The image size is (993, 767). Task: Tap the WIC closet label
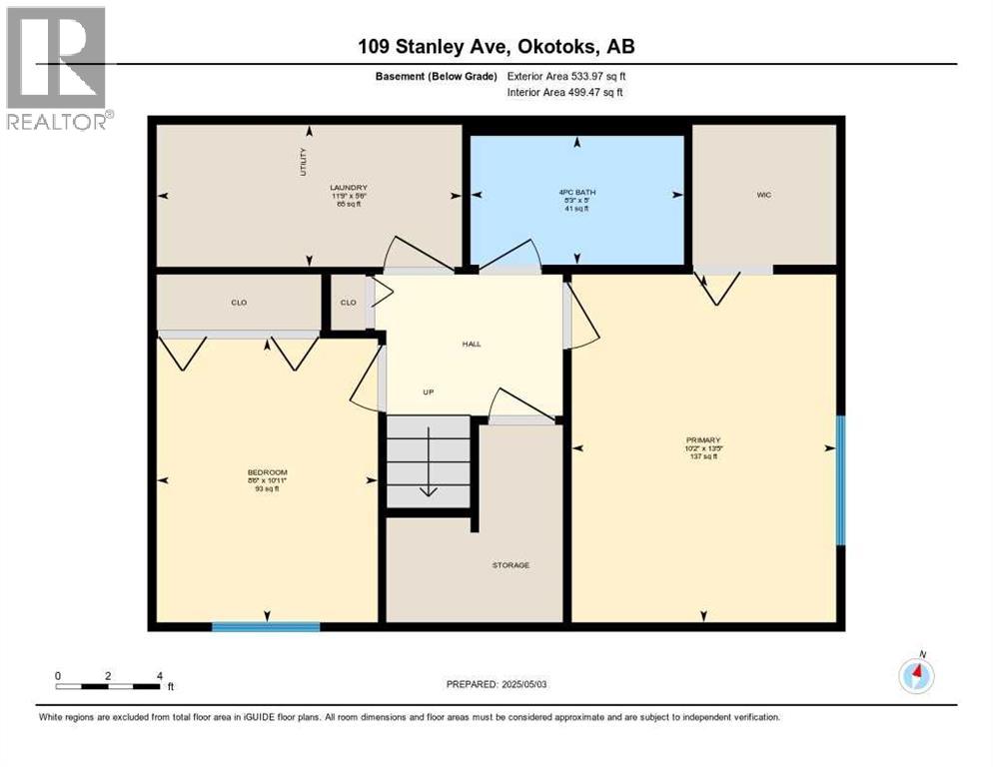[x=764, y=195]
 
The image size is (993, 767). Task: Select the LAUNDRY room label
[x=349, y=188]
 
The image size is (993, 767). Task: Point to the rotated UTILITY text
[x=304, y=162]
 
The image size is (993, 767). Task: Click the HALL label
[x=472, y=344]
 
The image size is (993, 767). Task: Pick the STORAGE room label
[x=509, y=565]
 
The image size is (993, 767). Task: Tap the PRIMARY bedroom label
[x=703, y=440]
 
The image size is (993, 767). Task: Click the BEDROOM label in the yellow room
[x=268, y=472]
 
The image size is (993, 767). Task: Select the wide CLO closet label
[x=239, y=302]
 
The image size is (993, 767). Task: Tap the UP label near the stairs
[x=428, y=391]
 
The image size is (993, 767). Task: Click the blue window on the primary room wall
[x=840, y=480]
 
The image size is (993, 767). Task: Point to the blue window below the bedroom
[x=266, y=627]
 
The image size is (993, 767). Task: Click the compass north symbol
[x=916, y=675]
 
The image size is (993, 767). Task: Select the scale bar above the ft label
[x=108, y=686]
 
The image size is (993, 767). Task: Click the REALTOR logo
[x=58, y=68]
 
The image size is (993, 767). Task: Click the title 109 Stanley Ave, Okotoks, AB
[x=496, y=46]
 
